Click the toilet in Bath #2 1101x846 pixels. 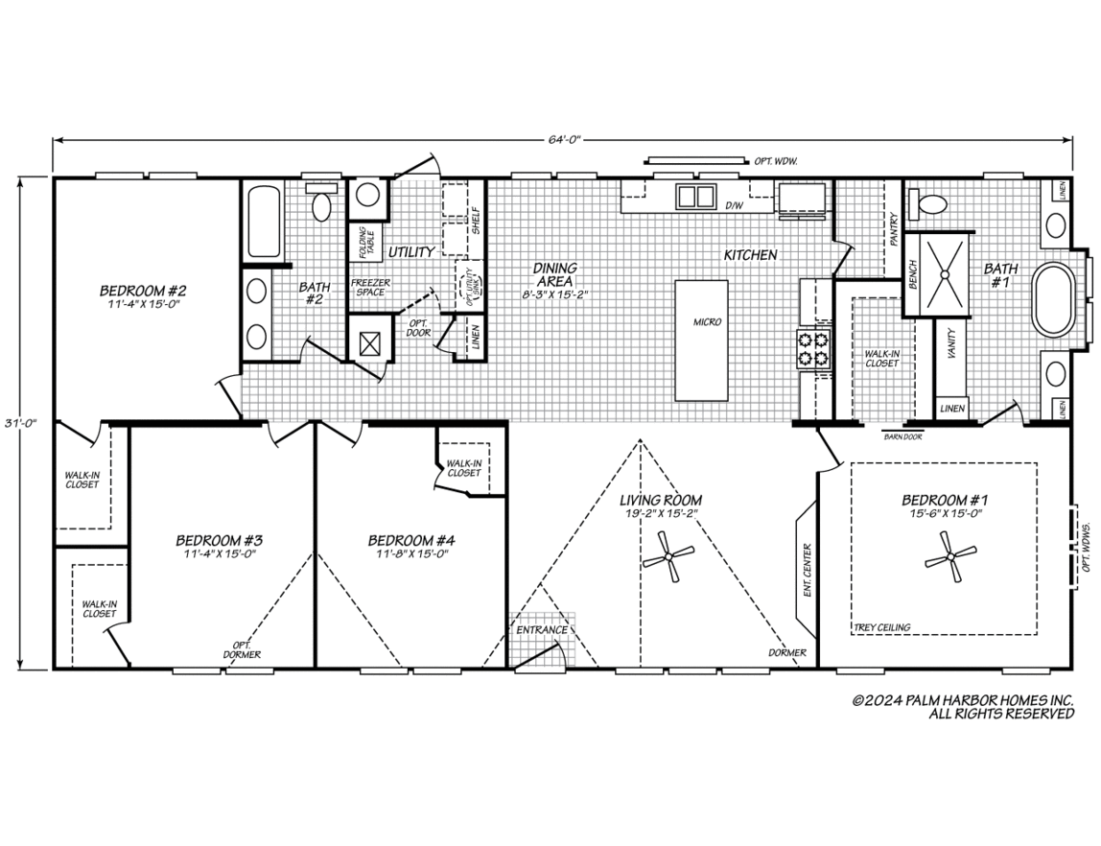322,202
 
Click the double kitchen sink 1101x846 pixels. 695,196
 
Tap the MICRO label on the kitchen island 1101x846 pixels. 707,322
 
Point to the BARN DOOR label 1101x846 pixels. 903,436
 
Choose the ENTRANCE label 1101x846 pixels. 541,630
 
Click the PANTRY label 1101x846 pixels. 894,229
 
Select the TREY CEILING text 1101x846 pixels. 882,627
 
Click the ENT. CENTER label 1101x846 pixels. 807,571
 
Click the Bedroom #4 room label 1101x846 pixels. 411,540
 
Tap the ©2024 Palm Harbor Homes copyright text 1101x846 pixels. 963,707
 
